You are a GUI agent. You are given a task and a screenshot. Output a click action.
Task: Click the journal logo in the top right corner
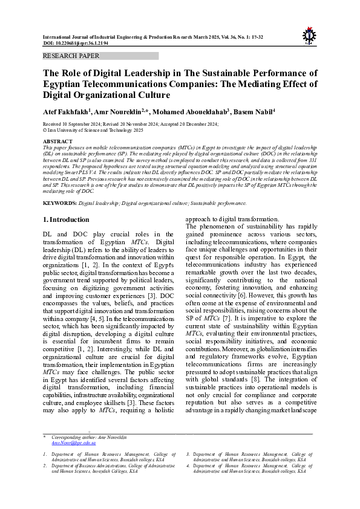[309, 34]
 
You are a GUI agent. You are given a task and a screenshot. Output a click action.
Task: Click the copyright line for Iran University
[93, 130]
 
